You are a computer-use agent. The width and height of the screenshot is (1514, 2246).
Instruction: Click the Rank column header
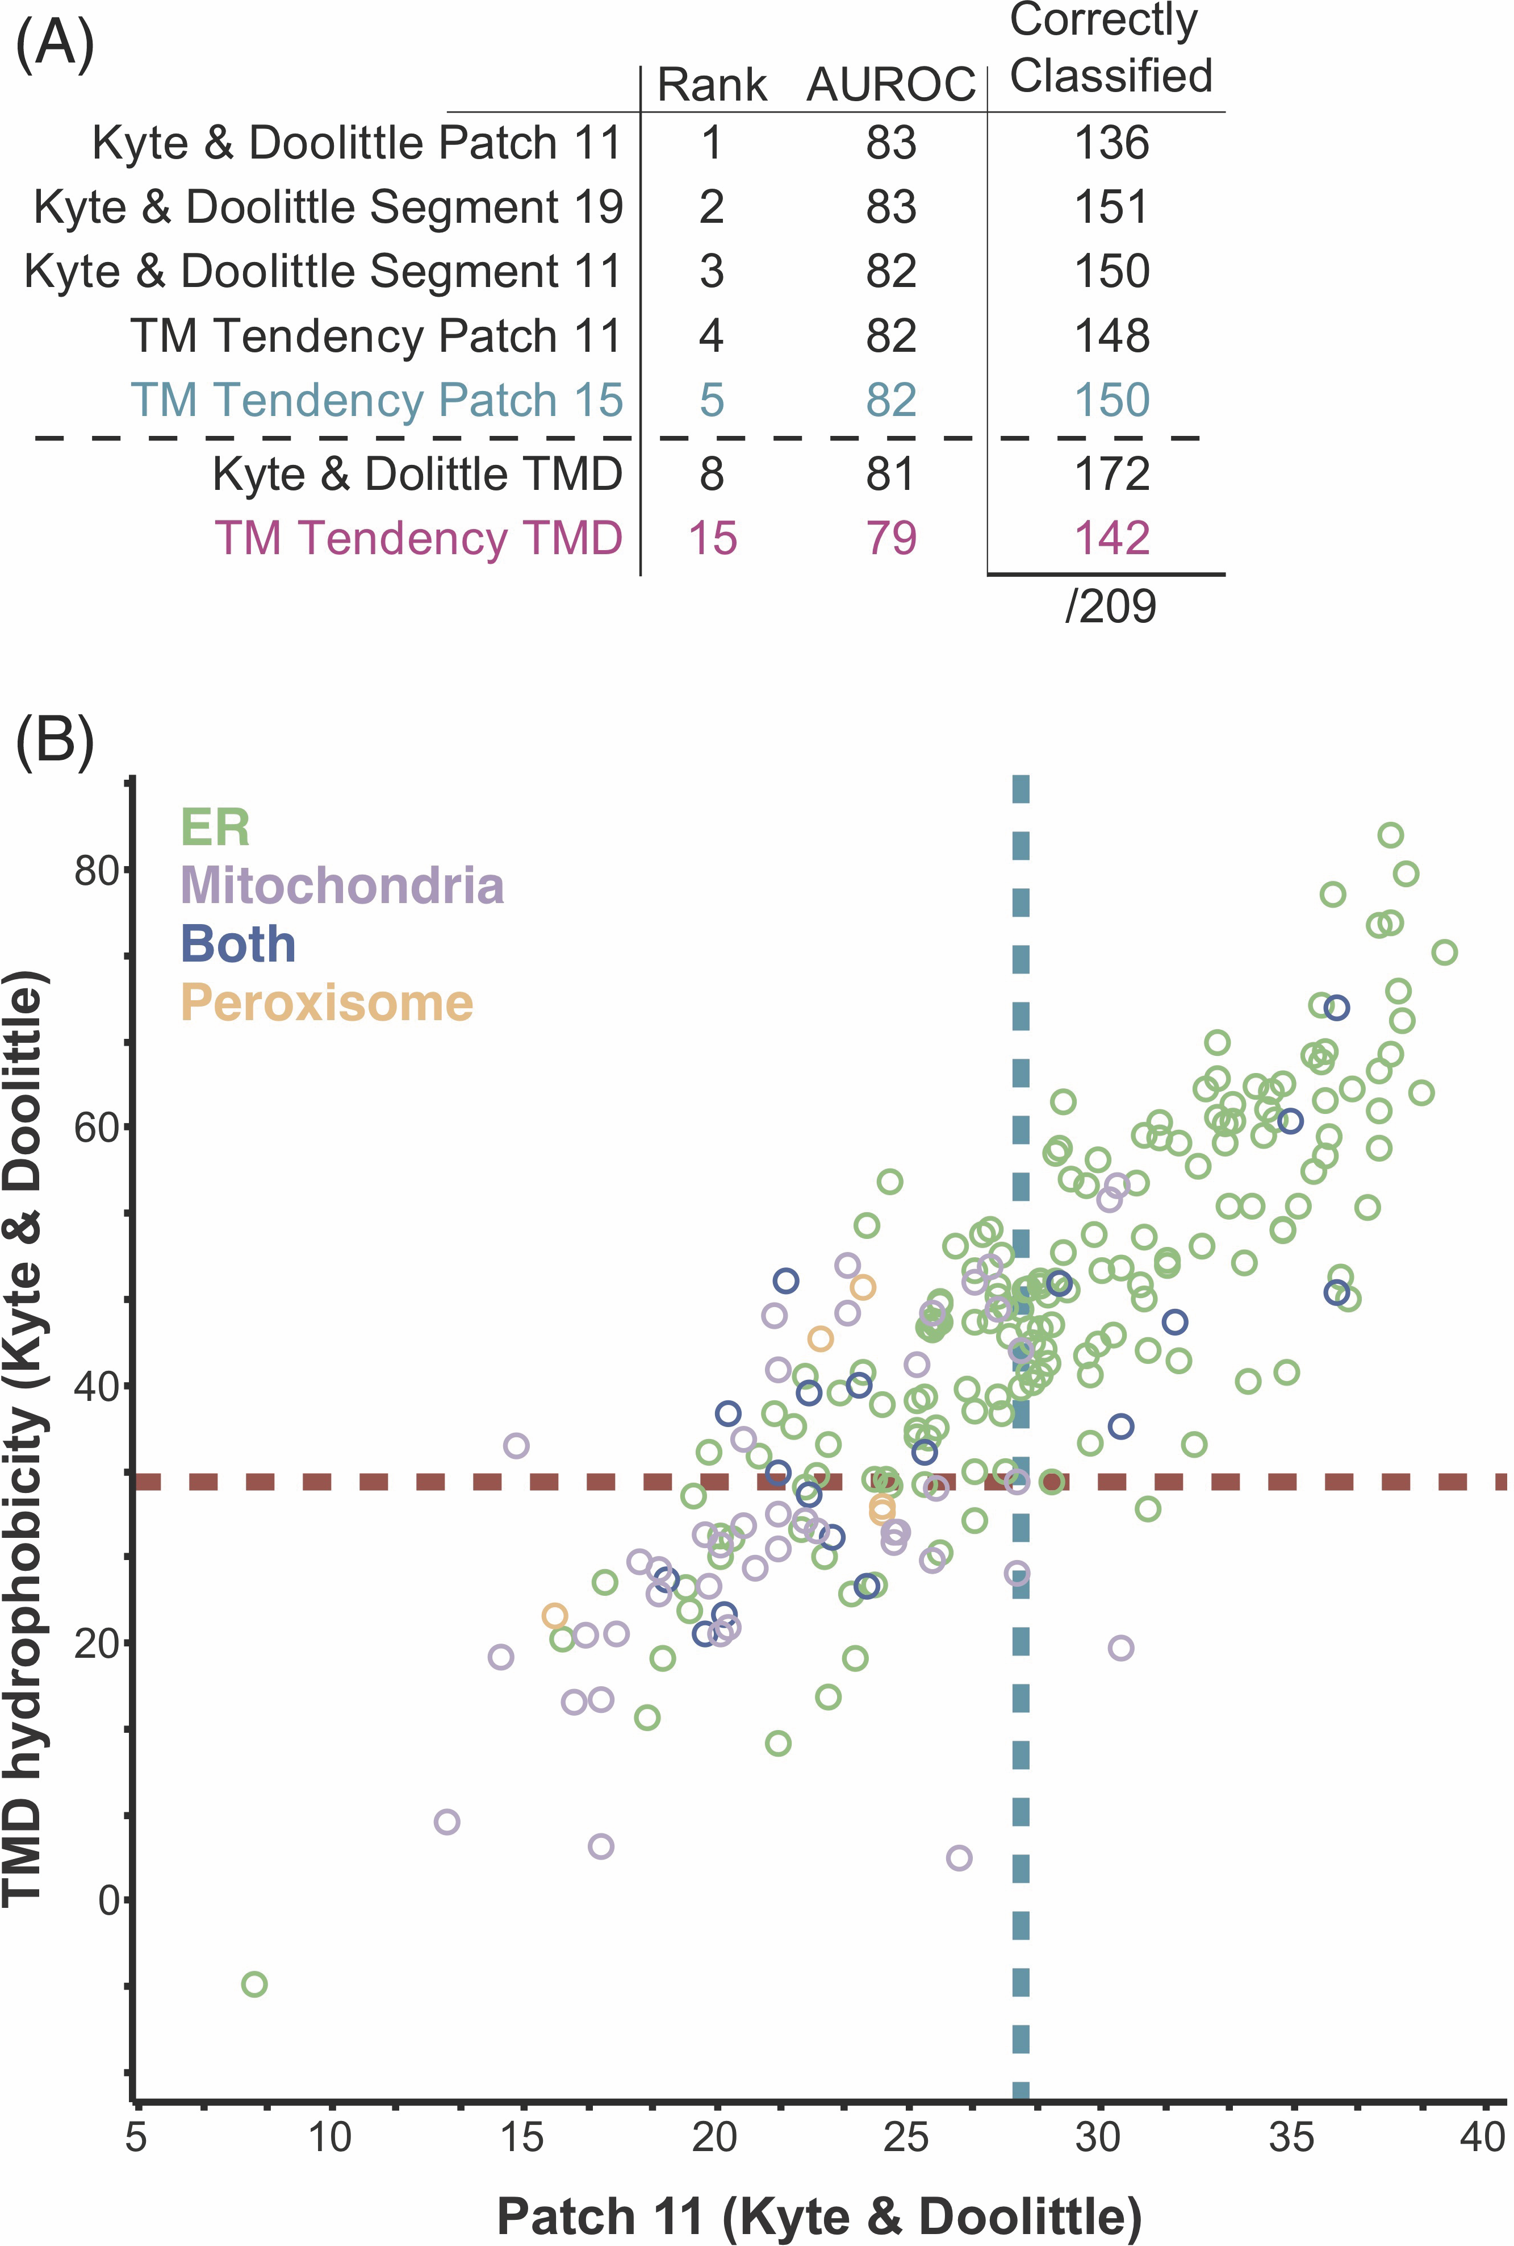[712, 85]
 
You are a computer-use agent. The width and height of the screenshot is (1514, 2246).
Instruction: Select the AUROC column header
[890, 85]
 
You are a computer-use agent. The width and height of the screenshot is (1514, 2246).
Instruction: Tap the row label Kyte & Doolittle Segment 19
[328, 207]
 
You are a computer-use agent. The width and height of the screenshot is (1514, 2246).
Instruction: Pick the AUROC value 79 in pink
[890, 538]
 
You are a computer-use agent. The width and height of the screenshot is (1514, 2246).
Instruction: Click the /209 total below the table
[1110, 606]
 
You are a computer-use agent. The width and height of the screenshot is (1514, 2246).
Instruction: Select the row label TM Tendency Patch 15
[377, 400]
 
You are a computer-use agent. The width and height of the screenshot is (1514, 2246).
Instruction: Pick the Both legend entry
[237, 944]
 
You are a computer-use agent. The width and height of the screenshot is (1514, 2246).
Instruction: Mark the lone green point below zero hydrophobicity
[254, 1984]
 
